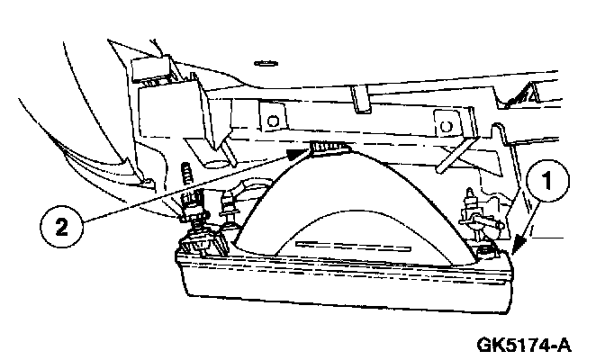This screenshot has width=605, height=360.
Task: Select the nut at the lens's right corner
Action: [x=487, y=248]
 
